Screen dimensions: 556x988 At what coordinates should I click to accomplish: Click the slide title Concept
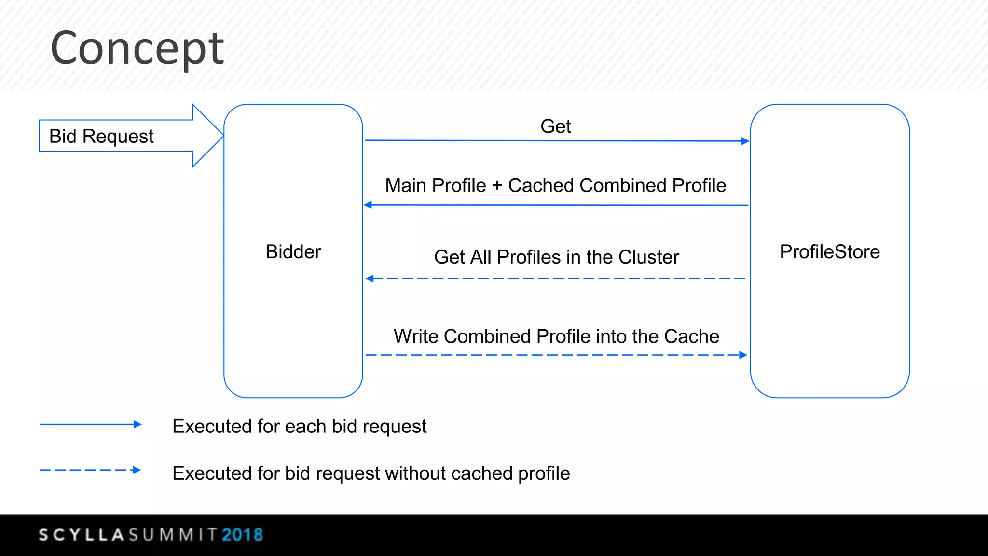coord(137,48)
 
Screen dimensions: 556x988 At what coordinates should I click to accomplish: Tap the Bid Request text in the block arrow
coord(101,137)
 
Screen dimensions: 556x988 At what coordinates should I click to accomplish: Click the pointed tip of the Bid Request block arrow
coord(221,136)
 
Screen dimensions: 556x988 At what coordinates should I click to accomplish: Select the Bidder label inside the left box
coord(293,252)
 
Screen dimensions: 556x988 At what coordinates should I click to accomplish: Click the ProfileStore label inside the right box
coord(830,252)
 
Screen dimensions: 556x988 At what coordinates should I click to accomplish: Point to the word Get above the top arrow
coord(555,126)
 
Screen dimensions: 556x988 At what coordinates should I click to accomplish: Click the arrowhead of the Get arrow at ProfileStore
coord(745,141)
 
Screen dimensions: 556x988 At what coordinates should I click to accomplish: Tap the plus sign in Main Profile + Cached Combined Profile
coord(497,186)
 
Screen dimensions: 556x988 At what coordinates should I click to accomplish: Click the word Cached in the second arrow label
coord(541,186)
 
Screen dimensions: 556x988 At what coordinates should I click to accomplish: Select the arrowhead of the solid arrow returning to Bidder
coord(368,205)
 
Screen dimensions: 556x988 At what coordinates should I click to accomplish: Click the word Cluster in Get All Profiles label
coord(648,257)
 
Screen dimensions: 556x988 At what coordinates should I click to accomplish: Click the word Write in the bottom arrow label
coord(416,336)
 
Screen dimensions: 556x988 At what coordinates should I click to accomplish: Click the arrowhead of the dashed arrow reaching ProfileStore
coord(743,355)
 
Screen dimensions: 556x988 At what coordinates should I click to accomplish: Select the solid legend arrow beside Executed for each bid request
coord(90,424)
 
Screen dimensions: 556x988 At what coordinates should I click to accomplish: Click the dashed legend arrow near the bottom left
coord(90,470)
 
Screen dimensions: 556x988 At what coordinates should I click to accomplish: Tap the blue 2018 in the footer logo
coord(242,535)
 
